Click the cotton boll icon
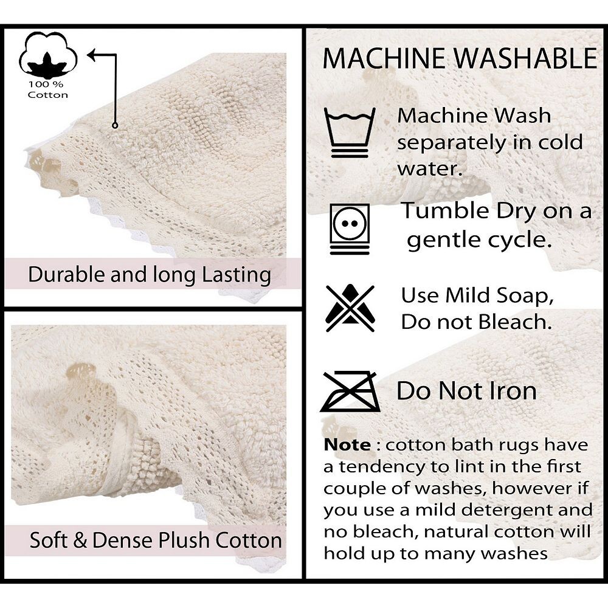(48, 55)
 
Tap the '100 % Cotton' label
(47, 89)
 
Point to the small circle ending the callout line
(115, 125)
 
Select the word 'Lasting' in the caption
(237, 275)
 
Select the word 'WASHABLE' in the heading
(525, 58)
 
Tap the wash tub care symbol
(350, 133)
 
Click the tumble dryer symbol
(350, 229)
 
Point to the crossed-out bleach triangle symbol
(350, 308)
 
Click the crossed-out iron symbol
(350, 391)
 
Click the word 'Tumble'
(446, 210)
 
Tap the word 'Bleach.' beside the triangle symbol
(515, 322)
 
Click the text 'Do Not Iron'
(466, 390)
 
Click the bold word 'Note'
(347, 445)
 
